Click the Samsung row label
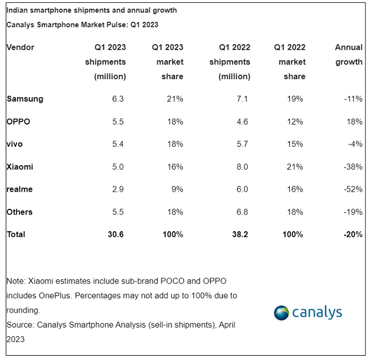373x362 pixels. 25,99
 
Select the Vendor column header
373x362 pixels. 21,47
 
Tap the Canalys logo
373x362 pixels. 308,312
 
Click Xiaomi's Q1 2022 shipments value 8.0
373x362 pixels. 242,166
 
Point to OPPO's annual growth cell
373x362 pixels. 355,122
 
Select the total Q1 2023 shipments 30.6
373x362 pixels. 115,234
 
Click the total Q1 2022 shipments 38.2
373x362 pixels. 239,234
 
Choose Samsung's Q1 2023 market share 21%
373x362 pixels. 174,99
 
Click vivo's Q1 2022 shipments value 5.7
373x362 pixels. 242,144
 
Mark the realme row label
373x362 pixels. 20,189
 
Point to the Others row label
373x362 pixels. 20,212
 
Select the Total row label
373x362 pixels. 16,234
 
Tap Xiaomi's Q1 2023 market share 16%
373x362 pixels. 174,166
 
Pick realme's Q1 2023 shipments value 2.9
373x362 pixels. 118,189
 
